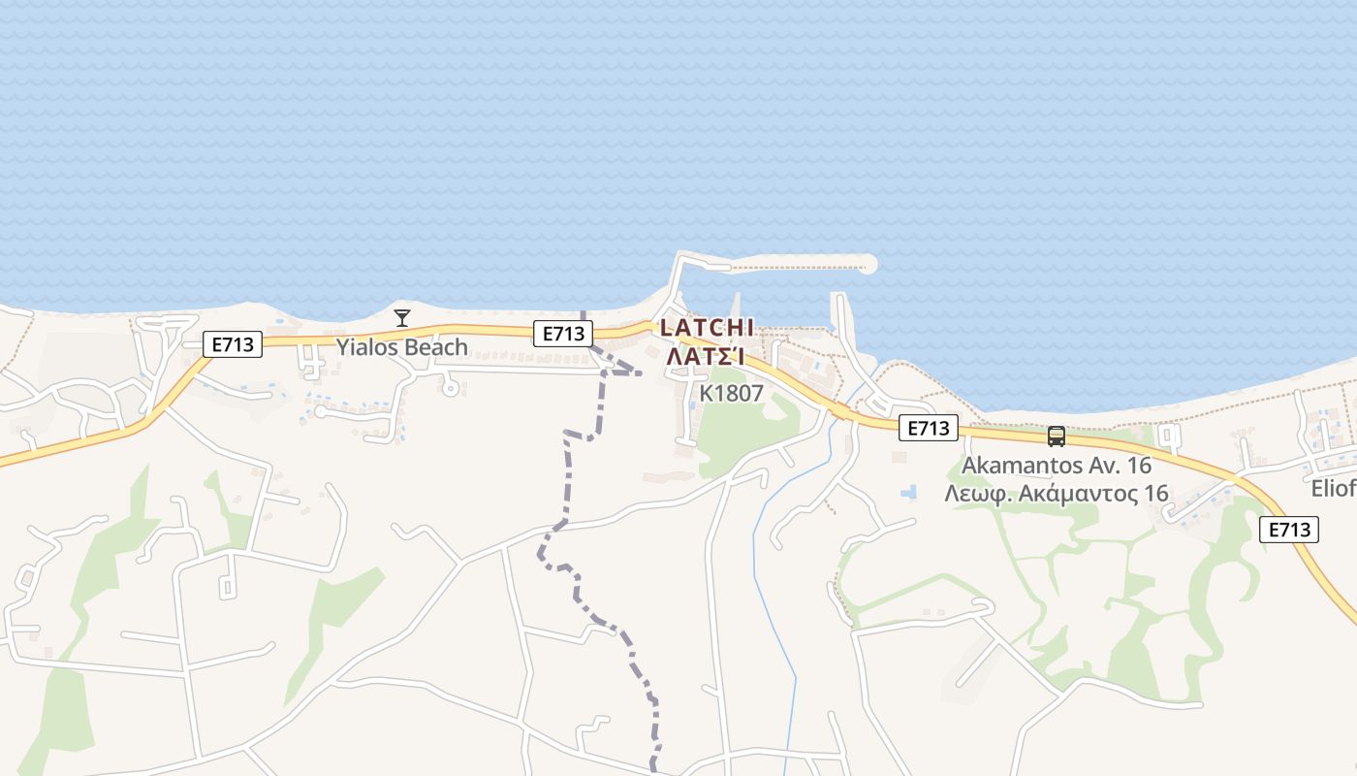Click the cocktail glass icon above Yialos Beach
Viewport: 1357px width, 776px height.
[x=402, y=317]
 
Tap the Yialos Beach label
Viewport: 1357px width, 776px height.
[x=401, y=347]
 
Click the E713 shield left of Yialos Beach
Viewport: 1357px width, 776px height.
[x=233, y=343]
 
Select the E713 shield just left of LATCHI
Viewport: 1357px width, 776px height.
[x=563, y=334]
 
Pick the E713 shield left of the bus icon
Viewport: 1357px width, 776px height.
[x=928, y=428]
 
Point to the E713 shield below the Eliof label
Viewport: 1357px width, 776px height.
[x=1290, y=530]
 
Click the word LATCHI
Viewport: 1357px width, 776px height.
[x=707, y=328]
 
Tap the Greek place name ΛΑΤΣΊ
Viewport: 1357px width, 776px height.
[x=706, y=357]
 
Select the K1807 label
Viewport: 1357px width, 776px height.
[x=732, y=393]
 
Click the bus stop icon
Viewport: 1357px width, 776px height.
[x=1057, y=436]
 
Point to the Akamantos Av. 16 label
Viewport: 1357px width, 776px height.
[x=1056, y=466]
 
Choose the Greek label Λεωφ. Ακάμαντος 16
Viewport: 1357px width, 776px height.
[x=1057, y=493]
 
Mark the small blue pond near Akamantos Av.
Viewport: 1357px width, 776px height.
[x=908, y=493]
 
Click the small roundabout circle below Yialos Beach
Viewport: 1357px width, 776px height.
[x=449, y=388]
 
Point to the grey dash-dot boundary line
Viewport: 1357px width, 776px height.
[x=567, y=485]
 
